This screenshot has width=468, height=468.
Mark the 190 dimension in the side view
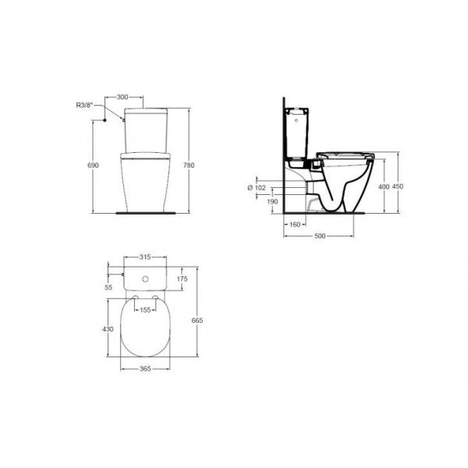tap(272, 202)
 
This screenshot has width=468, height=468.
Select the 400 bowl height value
tap(382, 186)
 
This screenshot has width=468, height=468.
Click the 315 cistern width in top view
tap(143, 256)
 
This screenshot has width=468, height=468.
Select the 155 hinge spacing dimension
tap(144, 309)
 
